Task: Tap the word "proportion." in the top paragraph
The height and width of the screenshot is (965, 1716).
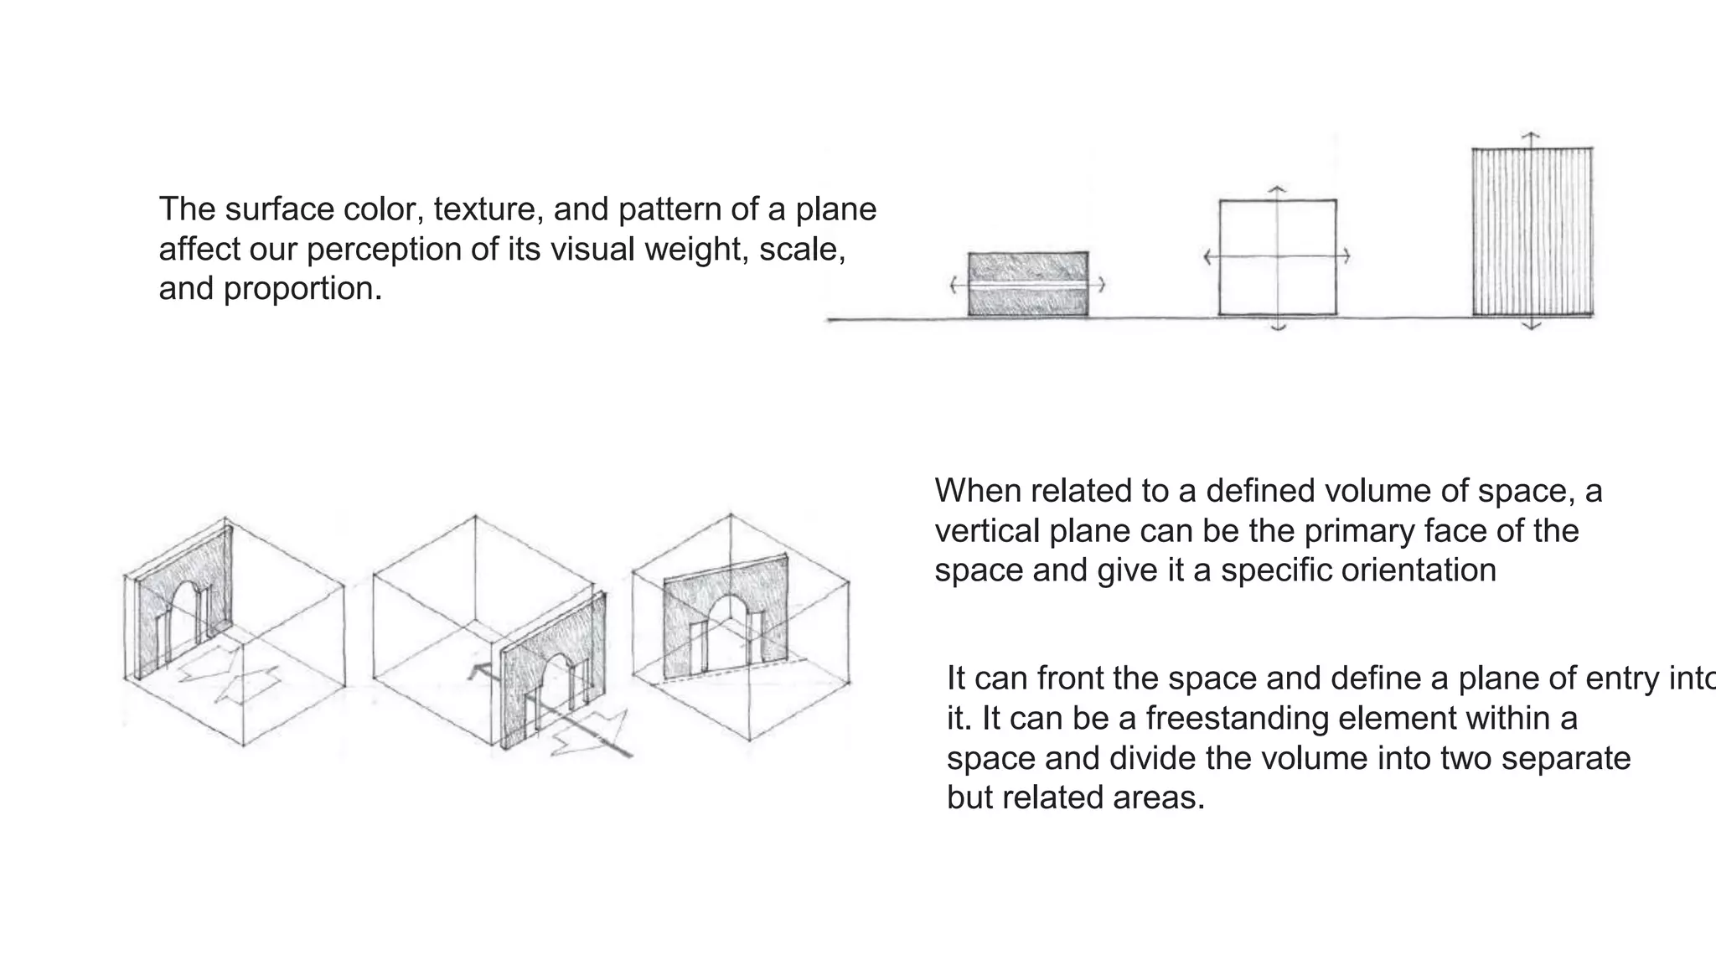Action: [302, 289]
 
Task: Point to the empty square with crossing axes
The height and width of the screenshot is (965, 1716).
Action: [1277, 257]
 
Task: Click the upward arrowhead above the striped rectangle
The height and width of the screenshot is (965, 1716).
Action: [1531, 134]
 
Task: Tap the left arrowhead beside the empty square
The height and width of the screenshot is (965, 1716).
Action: [1207, 256]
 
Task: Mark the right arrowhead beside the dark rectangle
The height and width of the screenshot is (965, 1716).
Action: [1102, 285]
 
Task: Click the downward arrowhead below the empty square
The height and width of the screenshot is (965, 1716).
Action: [1278, 328]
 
